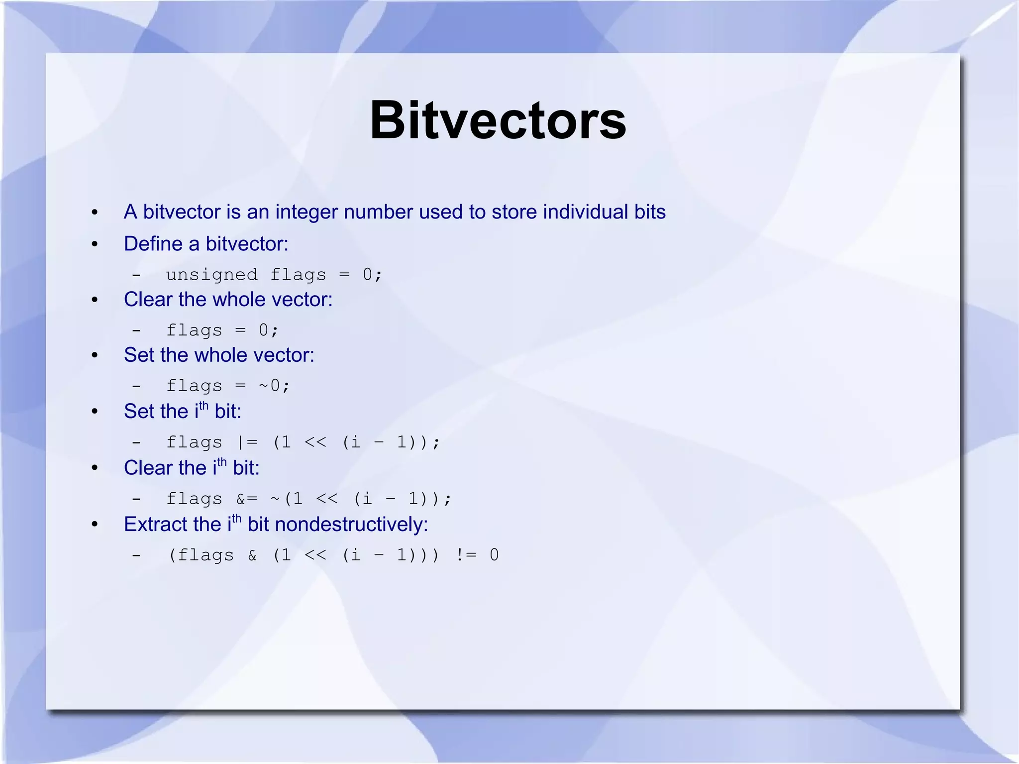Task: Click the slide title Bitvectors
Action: (498, 121)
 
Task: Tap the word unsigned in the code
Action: (211, 275)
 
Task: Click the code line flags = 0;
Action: (222, 330)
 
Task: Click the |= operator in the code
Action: (247, 442)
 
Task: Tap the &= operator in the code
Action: (247, 498)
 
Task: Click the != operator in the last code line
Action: (466, 555)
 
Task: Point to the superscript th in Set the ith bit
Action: (204, 406)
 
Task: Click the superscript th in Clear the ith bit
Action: (221, 462)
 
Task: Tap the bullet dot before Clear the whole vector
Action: (95, 300)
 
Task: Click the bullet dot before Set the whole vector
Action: (95, 356)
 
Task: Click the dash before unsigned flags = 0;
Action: (136, 275)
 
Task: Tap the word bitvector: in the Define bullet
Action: (247, 244)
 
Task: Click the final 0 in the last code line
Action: (494, 555)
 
